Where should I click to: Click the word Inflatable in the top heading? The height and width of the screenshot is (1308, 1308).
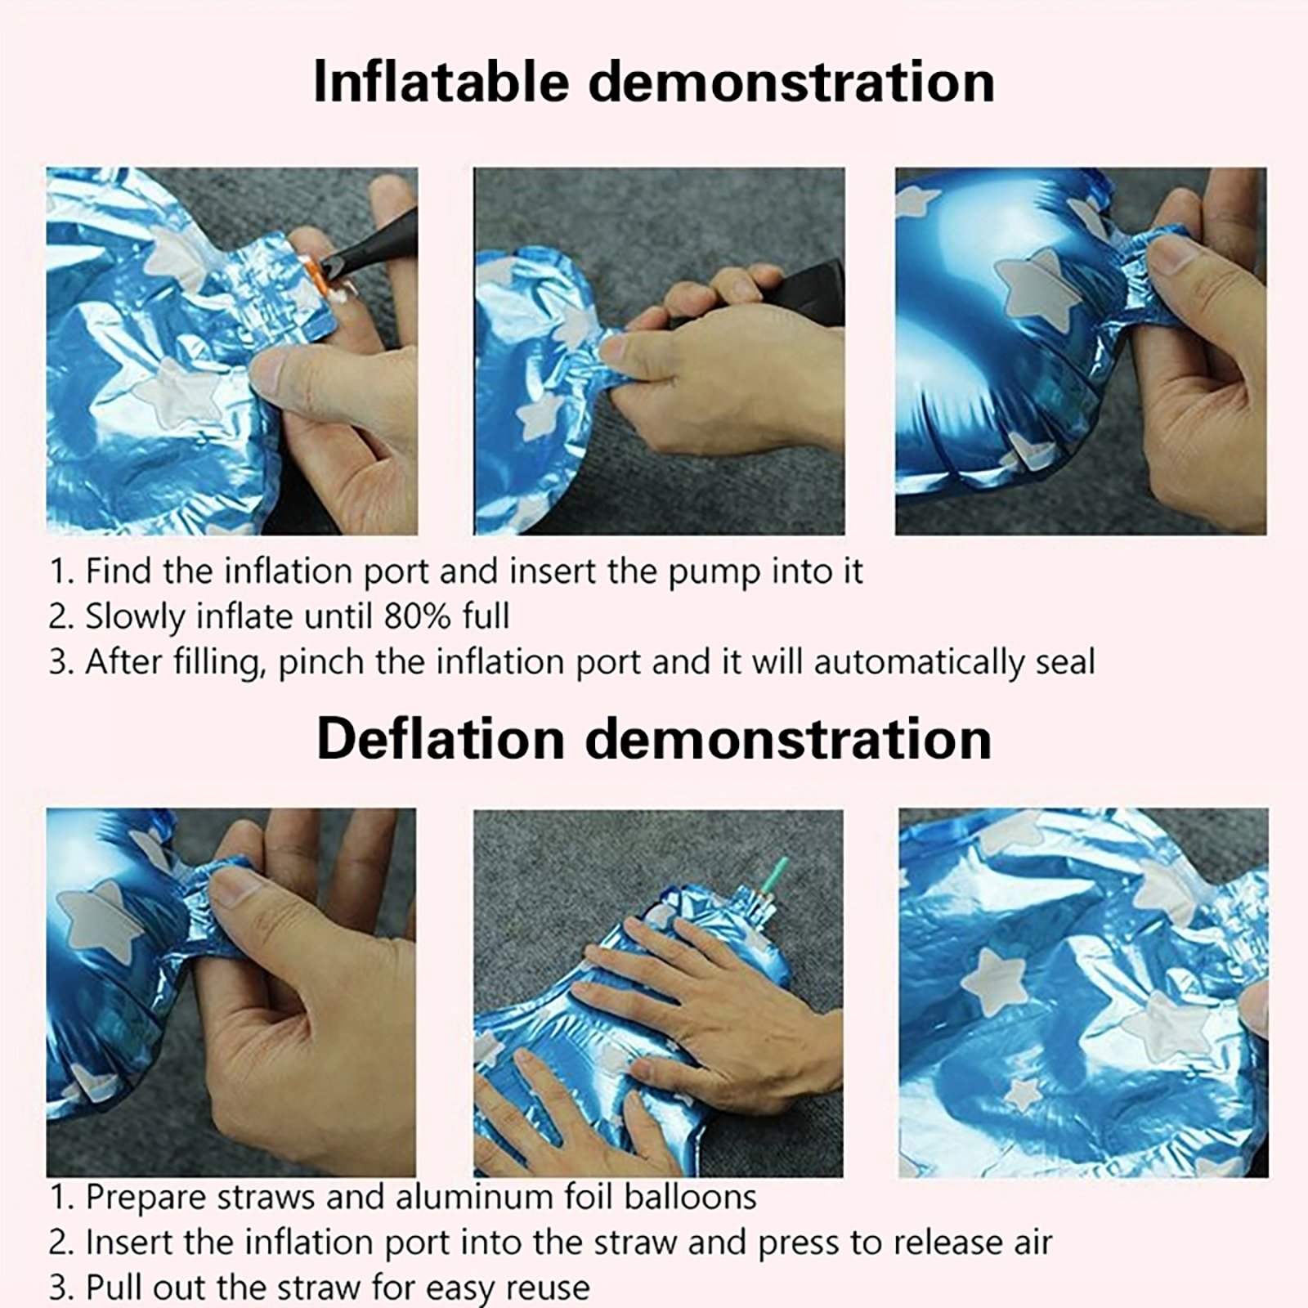tap(441, 82)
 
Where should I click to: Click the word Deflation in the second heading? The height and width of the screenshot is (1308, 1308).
tap(441, 739)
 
